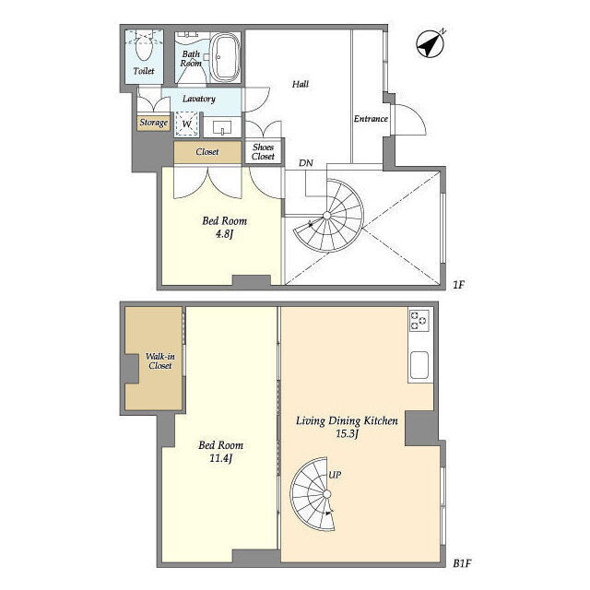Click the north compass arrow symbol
(431, 43)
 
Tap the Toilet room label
(144, 71)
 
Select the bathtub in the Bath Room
(224, 57)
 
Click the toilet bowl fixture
(144, 47)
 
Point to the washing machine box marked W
(186, 124)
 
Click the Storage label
(154, 123)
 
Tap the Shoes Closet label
(263, 151)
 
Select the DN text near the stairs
(306, 163)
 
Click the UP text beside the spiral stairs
(335, 475)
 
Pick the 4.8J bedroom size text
(224, 234)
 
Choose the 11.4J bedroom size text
(220, 458)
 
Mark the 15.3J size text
(347, 433)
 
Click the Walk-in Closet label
(159, 360)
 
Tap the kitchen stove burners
(419, 321)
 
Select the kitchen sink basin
(419, 365)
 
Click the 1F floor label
(458, 285)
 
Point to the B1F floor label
(462, 563)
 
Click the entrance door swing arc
(419, 112)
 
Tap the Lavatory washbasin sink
(222, 128)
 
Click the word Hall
(301, 84)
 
